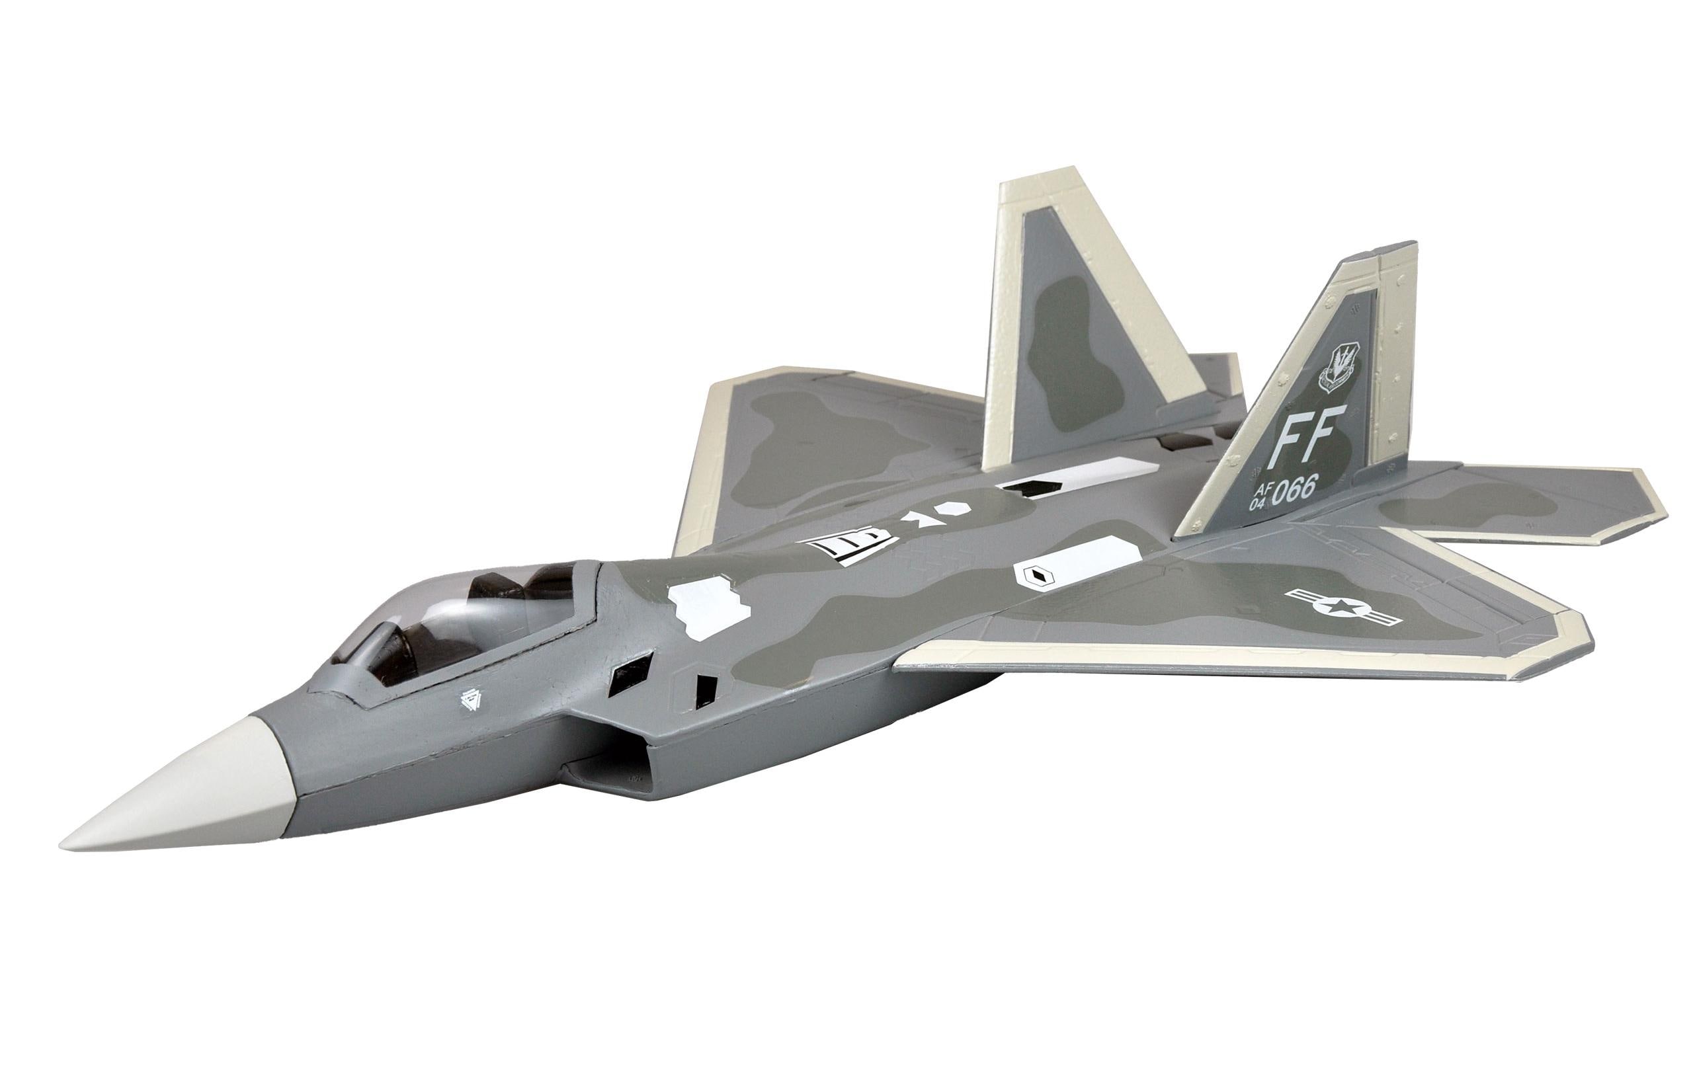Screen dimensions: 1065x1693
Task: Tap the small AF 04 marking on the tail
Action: (1258, 498)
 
